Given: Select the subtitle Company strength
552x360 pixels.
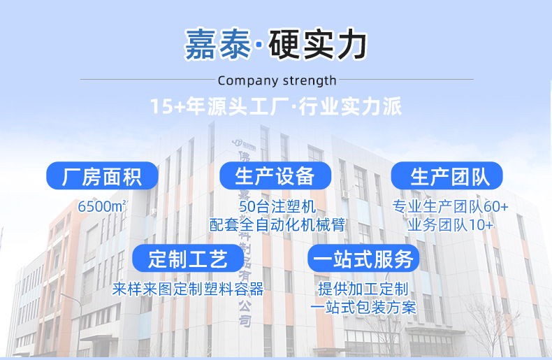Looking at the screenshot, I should [x=277, y=80].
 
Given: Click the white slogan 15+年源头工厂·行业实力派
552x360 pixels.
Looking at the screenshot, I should [x=276, y=107].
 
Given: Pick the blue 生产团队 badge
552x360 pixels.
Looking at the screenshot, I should [x=446, y=176].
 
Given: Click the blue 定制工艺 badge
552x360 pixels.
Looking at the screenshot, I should [x=188, y=259].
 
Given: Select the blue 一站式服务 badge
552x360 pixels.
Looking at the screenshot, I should [x=363, y=259].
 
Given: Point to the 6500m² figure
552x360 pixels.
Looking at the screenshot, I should [x=103, y=208].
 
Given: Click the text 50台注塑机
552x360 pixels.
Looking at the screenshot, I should [x=277, y=207].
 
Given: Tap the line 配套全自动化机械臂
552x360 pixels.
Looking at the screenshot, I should [x=277, y=224].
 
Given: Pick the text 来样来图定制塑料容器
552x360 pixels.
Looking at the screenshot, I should [x=188, y=289].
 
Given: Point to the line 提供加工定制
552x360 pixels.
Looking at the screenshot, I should [x=363, y=289].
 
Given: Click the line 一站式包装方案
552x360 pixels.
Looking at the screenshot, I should [x=363, y=307].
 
